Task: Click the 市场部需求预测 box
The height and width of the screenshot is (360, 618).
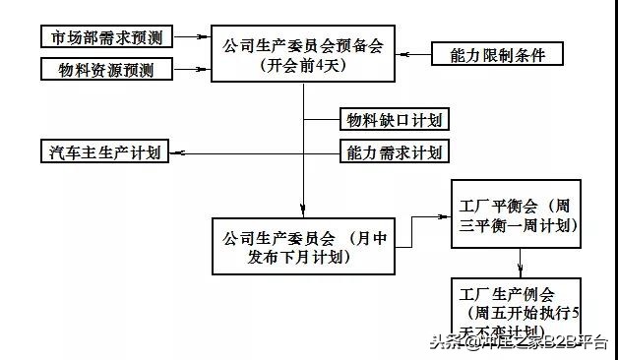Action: point(107,37)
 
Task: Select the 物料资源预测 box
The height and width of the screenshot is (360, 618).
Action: point(107,70)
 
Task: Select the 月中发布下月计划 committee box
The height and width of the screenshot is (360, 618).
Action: point(304,247)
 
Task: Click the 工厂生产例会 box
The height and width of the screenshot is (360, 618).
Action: point(518,304)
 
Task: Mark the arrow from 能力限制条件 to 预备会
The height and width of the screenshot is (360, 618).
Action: point(414,52)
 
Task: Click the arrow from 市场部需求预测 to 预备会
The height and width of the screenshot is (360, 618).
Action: point(198,37)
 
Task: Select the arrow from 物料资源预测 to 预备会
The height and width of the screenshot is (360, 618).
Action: point(198,70)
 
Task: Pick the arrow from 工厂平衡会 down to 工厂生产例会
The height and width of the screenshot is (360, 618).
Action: point(519,261)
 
